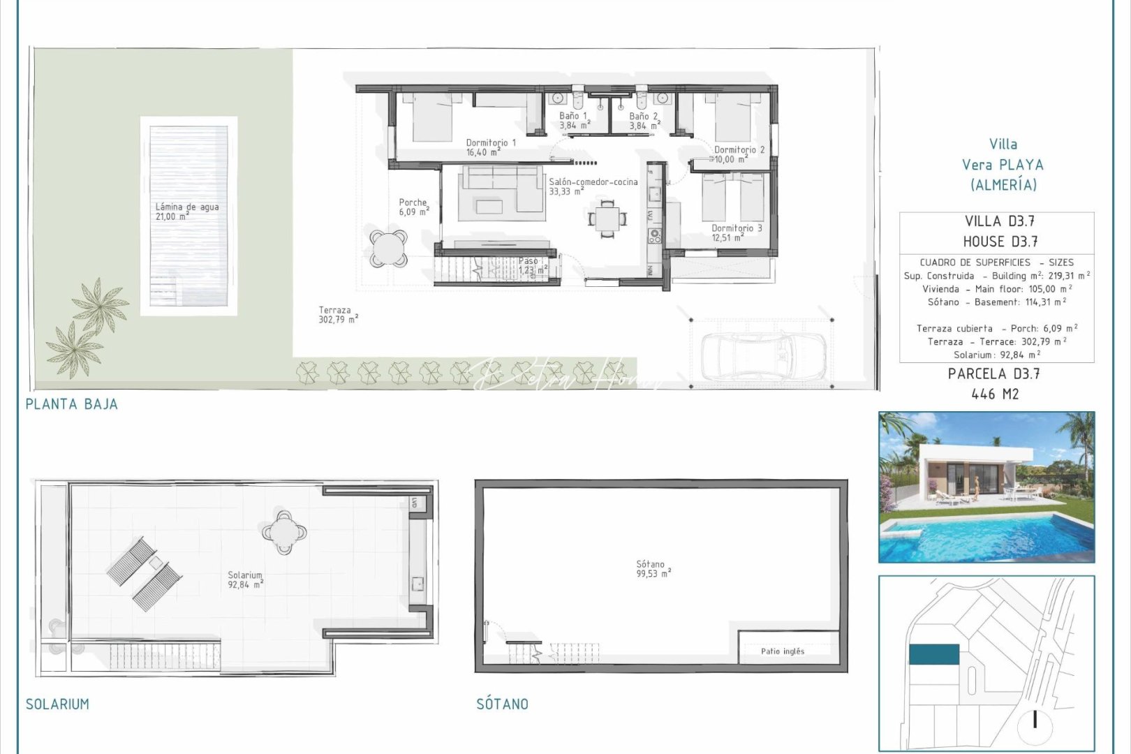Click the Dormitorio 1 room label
click(x=491, y=147)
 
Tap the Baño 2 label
click(x=644, y=121)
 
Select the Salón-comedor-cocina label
click(x=593, y=186)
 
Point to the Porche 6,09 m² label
click(x=413, y=207)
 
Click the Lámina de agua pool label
click(x=186, y=211)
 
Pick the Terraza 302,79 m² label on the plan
click(x=338, y=315)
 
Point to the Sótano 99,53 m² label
click(x=653, y=568)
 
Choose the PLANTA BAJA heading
click(x=71, y=404)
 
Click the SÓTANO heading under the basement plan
click(x=502, y=704)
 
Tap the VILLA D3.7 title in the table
click(x=999, y=222)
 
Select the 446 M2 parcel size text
click(x=995, y=394)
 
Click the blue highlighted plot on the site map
click(x=933, y=654)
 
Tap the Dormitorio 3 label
click(x=737, y=232)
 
